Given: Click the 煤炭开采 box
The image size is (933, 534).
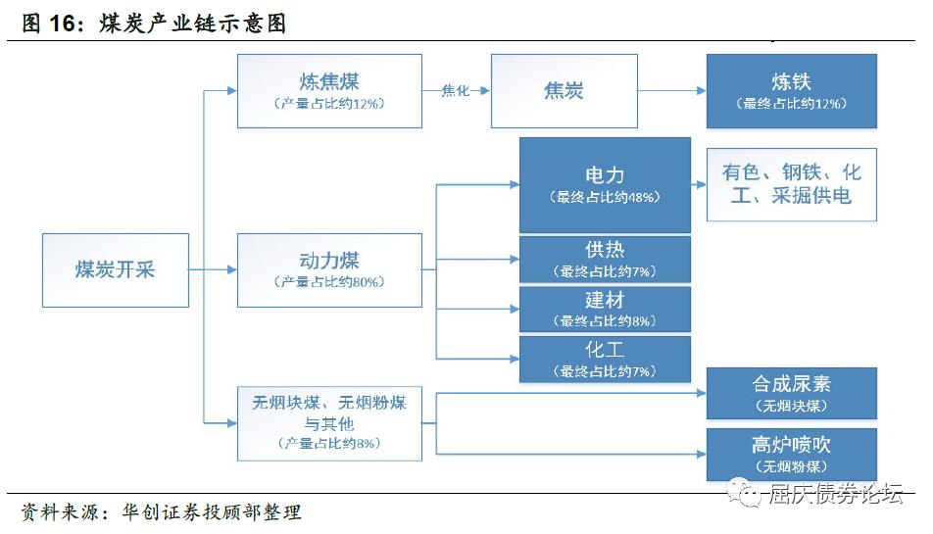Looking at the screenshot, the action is point(116,270).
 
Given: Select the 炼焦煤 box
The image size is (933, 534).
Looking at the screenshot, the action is point(329,91).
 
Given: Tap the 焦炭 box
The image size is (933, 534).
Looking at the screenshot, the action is point(565,91).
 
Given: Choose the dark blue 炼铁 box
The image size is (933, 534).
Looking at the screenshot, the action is point(792,91).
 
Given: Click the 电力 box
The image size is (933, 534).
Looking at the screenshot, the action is point(605,185).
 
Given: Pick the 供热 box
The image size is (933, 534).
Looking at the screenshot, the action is point(605,260).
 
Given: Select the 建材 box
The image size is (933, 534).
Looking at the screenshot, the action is point(605,310).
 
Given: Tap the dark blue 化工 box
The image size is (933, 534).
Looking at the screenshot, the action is point(605,360).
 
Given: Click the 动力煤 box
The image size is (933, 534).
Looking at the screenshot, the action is point(329,270).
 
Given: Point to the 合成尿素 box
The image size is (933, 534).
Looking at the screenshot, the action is point(792,393).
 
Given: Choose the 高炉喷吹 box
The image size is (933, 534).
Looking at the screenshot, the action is point(792,455).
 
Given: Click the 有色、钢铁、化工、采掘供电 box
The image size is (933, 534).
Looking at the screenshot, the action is point(792,185).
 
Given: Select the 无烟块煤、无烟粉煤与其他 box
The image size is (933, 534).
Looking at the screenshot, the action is point(329,423).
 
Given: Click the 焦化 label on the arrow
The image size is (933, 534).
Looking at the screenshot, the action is point(455,91).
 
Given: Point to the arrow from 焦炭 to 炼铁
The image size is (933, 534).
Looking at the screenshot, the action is point(671,91).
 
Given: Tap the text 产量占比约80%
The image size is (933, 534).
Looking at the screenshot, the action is point(329,282).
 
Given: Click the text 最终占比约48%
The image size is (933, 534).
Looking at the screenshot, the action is point(605,197).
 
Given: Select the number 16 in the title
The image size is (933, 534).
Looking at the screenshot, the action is point(62,24).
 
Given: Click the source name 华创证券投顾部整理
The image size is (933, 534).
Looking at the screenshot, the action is point(212,512).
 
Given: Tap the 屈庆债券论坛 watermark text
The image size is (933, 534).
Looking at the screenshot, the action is point(835,494).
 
